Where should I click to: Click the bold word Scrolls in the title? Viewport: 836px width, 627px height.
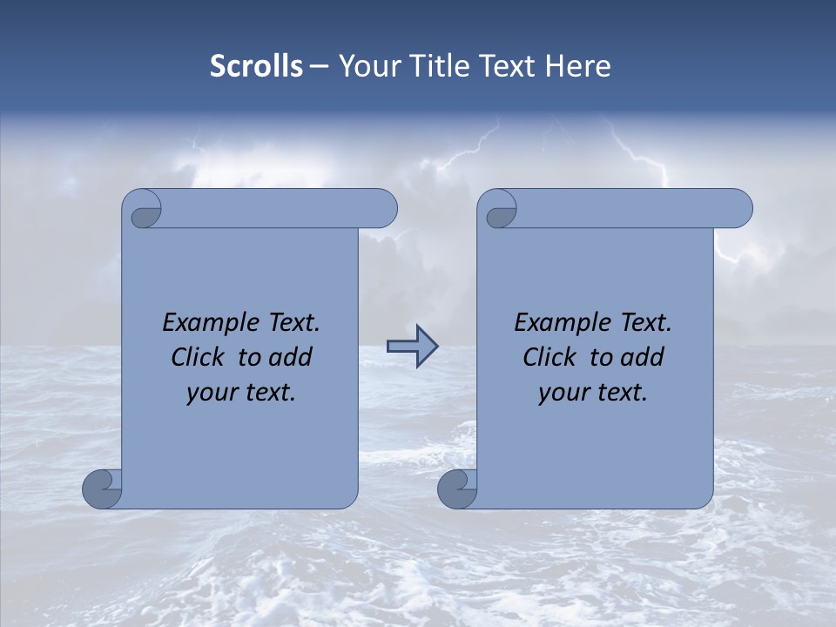(257, 66)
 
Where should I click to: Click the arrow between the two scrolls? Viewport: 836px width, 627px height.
(412, 347)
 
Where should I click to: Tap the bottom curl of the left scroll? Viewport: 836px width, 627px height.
(102, 489)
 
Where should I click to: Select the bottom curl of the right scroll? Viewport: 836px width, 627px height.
(457, 489)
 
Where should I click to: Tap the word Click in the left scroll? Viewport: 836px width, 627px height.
(197, 357)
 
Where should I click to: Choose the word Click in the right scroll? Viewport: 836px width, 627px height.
(549, 357)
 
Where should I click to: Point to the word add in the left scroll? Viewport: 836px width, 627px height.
(292, 357)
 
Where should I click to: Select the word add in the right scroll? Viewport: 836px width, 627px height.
(644, 357)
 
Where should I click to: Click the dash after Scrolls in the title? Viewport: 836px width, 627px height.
(320, 66)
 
